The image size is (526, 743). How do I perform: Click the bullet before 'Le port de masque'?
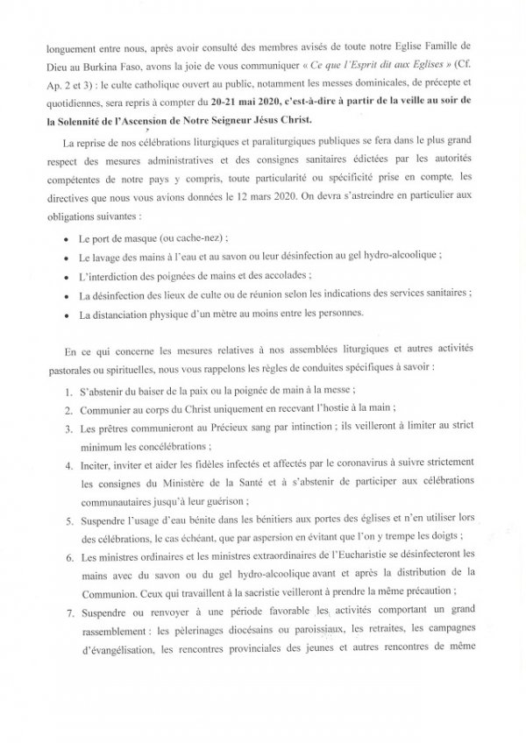pos(68,239)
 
